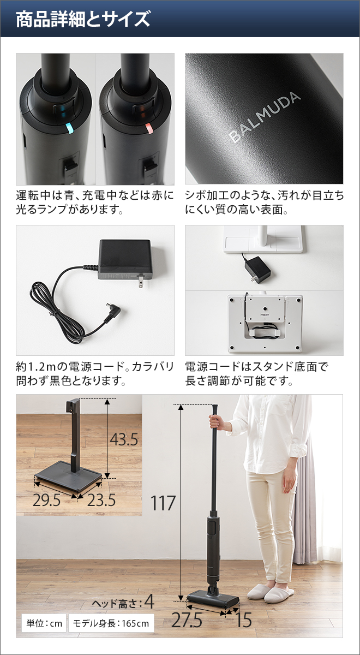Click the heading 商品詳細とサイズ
tap(82, 19)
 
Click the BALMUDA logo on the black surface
tap(265, 117)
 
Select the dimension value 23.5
tap(100, 500)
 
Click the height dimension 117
tap(163, 503)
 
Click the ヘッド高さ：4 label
tap(123, 603)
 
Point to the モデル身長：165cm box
tap(111, 623)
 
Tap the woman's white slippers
tap(271, 592)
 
